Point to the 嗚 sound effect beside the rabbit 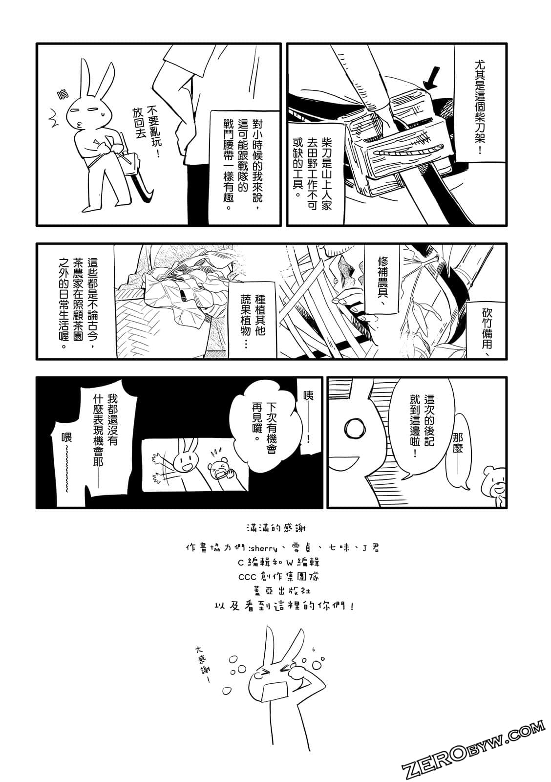64,95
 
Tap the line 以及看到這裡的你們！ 283,606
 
